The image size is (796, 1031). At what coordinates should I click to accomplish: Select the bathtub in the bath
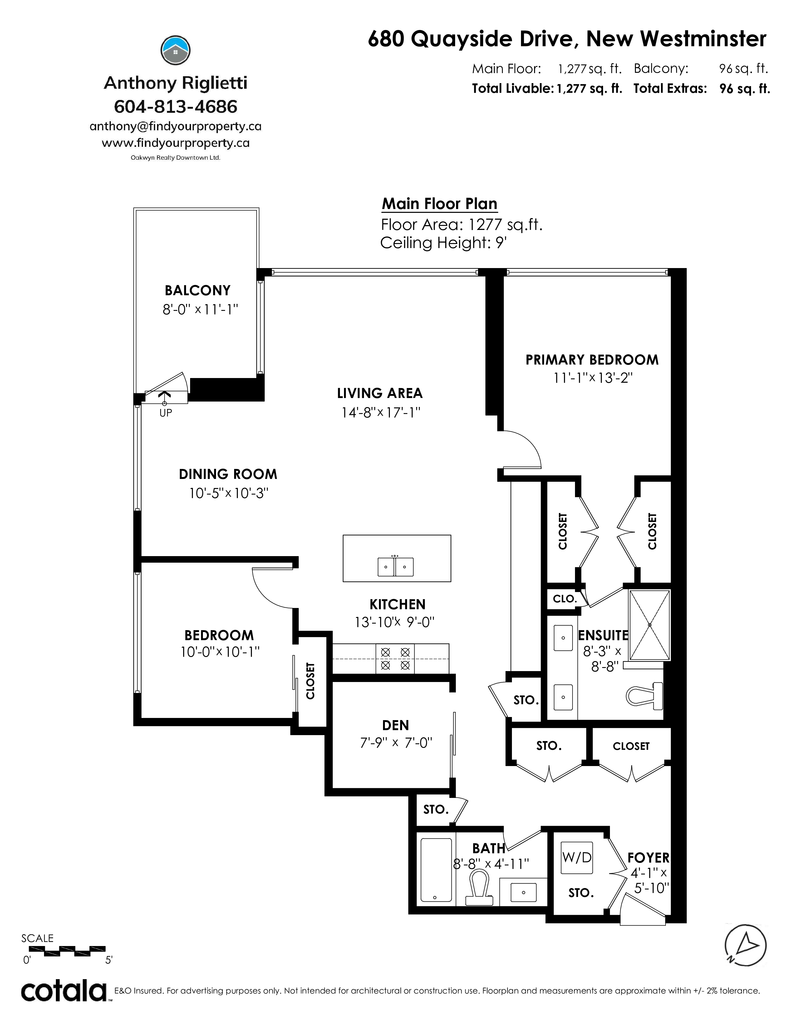(436, 870)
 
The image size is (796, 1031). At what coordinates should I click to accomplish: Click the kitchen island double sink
(396, 566)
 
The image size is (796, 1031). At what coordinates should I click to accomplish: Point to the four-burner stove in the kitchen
(395, 659)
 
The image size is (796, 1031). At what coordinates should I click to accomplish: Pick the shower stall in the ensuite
(650, 625)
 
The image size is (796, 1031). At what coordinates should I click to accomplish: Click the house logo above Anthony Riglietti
(175, 51)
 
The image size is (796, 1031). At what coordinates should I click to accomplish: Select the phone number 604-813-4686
(175, 107)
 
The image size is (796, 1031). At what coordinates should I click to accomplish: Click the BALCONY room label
(198, 290)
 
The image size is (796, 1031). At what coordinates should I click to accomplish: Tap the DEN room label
(396, 725)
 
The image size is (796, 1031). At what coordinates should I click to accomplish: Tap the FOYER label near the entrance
(648, 858)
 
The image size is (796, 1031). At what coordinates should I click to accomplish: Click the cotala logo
(64, 991)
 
